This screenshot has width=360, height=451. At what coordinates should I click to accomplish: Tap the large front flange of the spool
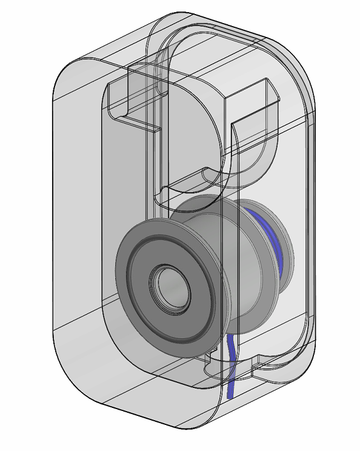(127, 285)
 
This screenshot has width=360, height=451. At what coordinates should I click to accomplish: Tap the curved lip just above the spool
(194, 179)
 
